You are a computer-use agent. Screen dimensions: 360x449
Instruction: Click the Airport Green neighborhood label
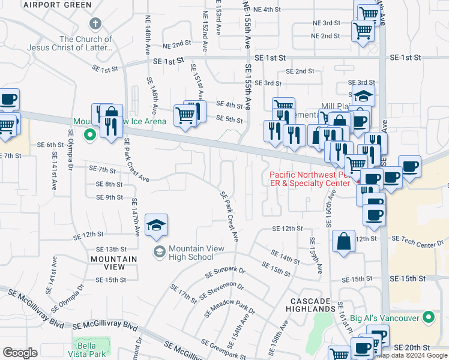pyautogui.click(x=57, y=5)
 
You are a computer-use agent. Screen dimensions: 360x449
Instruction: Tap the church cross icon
pyautogui.click(x=94, y=24)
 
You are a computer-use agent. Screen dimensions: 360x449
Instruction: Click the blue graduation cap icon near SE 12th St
pyautogui.click(x=156, y=225)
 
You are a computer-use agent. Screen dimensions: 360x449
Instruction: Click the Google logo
pyautogui.click(x=20, y=353)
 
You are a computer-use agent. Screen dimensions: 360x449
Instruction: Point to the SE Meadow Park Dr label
pyautogui.click(x=229, y=304)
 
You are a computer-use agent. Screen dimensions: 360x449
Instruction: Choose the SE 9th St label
pyautogui.click(x=110, y=197)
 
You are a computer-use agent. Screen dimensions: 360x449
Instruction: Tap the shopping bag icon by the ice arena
pyautogui.click(x=112, y=114)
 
